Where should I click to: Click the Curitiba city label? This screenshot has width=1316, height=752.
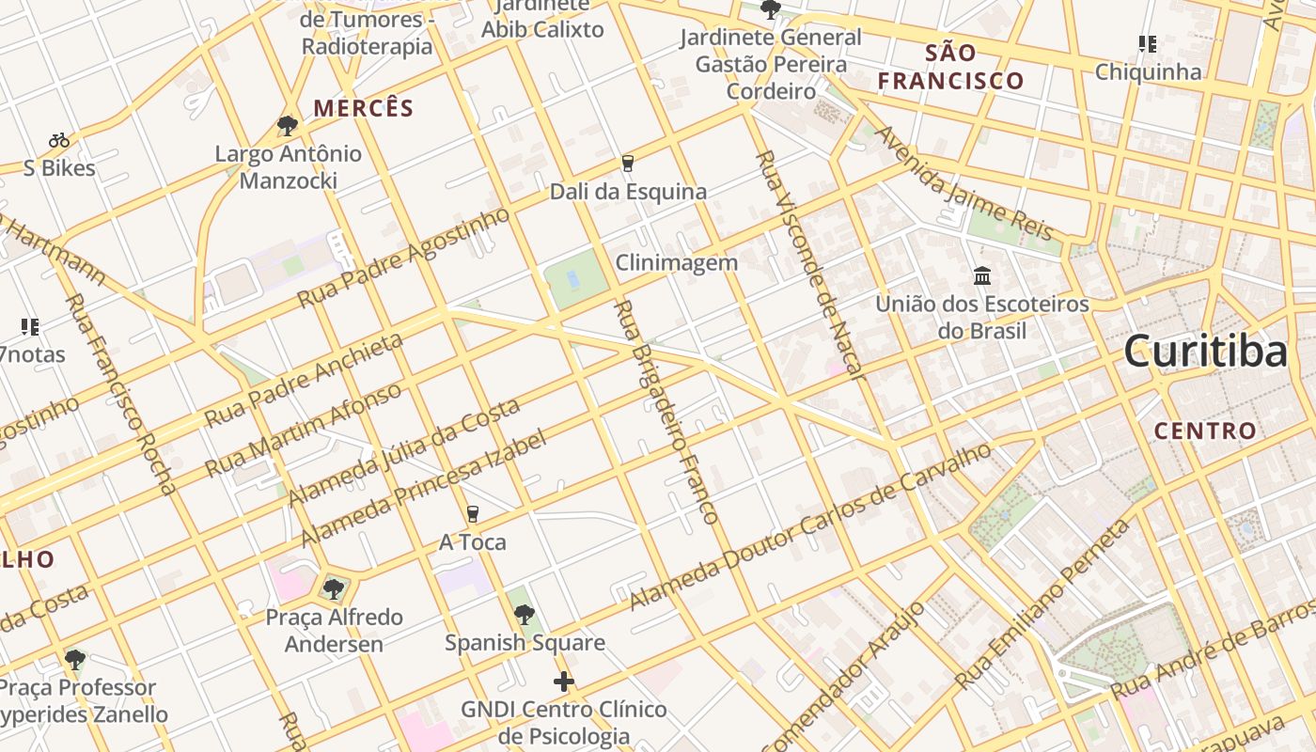pyautogui.click(x=1205, y=352)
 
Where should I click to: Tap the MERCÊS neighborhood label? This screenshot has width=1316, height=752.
pyautogui.click(x=364, y=109)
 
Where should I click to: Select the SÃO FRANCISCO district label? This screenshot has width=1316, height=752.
pyautogui.click(x=950, y=67)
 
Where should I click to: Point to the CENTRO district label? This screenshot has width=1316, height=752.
pyautogui.click(x=1205, y=431)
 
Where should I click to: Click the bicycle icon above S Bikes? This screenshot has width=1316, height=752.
pyautogui.click(x=59, y=140)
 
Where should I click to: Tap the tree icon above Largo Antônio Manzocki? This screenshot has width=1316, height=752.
pyautogui.click(x=288, y=125)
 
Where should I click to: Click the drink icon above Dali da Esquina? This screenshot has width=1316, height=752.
pyautogui.click(x=628, y=164)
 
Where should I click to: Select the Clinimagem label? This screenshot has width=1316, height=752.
pyautogui.click(x=677, y=263)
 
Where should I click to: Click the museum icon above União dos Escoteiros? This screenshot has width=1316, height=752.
pyautogui.click(x=982, y=276)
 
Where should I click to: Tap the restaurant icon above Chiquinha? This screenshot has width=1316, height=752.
pyautogui.click(x=1147, y=44)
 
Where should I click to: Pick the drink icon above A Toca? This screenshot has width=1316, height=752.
pyautogui.click(x=472, y=514)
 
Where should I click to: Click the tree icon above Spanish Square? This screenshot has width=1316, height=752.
pyautogui.click(x=525, y=615)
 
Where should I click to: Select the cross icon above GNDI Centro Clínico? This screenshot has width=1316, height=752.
pyautogui.click(x=564, y=681)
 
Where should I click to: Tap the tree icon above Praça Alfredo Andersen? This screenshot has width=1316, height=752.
pyautogui.click(x=333, y=589)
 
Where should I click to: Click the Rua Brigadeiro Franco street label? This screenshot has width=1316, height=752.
pyautogui.click(x=666, y=412)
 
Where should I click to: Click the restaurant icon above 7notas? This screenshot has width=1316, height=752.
pyautogui.click(x=30, y=327)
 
